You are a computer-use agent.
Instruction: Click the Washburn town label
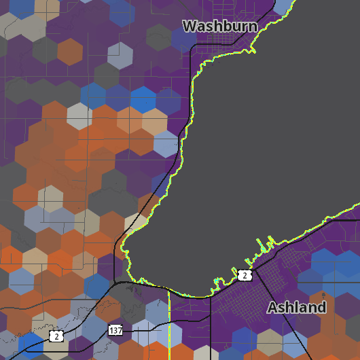220,26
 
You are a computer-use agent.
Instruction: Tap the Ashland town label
297,307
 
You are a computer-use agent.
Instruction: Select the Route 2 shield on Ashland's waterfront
245,274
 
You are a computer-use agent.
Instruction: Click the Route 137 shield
115,330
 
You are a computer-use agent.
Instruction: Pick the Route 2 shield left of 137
56,336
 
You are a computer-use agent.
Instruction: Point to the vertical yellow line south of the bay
168,326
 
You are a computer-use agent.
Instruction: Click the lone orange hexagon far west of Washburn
70,52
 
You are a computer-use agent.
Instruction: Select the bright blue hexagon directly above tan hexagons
143,99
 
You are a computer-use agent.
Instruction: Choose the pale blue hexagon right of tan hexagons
166,143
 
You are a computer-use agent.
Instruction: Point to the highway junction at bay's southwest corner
117,280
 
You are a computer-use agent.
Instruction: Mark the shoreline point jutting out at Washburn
253,49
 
